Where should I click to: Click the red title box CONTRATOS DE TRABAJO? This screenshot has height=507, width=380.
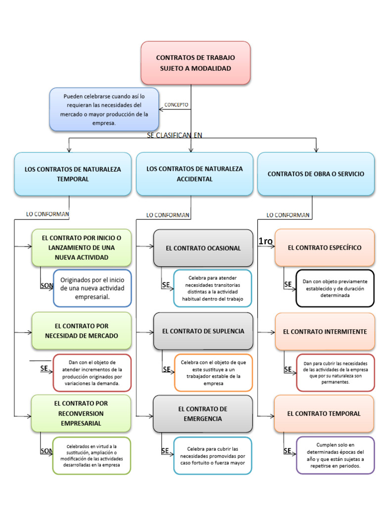195,63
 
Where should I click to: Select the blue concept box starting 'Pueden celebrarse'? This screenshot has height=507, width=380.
104,109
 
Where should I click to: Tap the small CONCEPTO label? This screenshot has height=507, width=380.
176,105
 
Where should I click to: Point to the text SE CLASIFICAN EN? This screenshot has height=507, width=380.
175,135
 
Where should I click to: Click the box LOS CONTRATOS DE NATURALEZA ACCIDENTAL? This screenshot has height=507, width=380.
194,174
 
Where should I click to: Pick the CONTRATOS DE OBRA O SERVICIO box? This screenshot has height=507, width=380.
316,174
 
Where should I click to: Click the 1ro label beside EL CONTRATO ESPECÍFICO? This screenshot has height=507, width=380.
266,241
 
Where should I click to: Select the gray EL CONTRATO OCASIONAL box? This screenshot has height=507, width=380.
203,248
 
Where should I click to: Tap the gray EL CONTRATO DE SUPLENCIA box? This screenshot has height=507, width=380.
203,331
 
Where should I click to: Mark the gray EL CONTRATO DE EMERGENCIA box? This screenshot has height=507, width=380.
203,414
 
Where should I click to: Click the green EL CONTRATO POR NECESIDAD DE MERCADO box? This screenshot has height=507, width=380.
82,331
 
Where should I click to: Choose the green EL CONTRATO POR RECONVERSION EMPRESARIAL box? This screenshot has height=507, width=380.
82,413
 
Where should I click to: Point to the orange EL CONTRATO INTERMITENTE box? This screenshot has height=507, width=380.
325,332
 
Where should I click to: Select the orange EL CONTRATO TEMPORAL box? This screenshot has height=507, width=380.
325,413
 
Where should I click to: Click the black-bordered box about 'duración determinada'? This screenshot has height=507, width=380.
335,288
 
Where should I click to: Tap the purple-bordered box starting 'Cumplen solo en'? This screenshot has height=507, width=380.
335,456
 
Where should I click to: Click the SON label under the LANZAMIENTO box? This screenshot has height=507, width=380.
46,286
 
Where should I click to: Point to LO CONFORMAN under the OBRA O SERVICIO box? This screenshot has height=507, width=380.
288,215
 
